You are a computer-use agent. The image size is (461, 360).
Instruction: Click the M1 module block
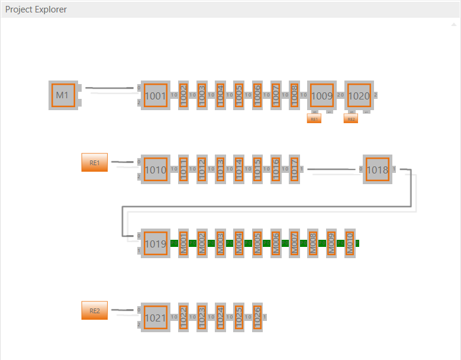63,95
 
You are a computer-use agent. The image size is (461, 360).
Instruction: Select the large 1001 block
156,95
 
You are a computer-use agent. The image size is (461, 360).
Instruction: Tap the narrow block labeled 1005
238,95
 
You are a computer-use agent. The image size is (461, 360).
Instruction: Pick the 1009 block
322,95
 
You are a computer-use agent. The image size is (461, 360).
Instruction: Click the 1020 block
359,95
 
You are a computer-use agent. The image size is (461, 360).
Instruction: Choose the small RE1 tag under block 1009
314,119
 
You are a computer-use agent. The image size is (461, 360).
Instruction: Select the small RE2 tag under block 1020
351,119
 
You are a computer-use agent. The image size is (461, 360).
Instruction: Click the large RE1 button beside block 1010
95,162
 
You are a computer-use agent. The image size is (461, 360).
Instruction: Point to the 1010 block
156,169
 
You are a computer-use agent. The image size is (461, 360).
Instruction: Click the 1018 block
377,169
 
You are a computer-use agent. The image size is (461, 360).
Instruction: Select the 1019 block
156,243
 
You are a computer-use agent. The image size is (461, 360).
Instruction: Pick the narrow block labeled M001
183,243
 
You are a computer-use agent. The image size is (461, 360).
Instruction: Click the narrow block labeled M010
350,243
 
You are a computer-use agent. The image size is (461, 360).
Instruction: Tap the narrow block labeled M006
276,243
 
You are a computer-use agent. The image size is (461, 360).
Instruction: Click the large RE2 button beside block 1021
95,310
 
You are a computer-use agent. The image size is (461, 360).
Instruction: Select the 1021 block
156,317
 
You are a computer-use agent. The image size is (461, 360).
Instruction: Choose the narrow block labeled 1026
257,317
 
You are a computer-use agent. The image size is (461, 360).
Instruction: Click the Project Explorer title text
36,9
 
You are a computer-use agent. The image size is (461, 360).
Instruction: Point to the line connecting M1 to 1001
109,89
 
